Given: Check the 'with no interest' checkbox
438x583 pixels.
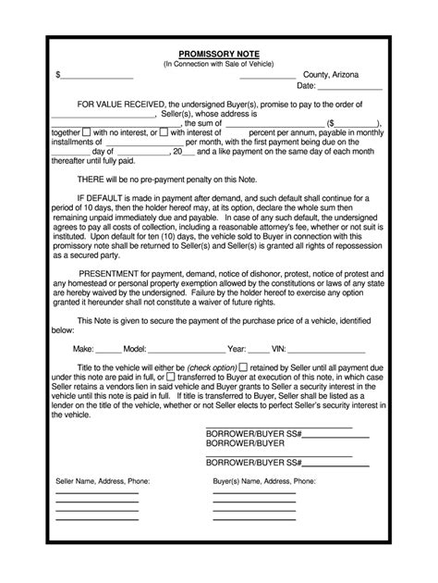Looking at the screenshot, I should coord(86,132).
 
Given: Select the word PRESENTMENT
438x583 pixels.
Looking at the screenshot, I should coord(115,274).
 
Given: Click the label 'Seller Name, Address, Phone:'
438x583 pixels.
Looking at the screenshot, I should coord(103,482).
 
